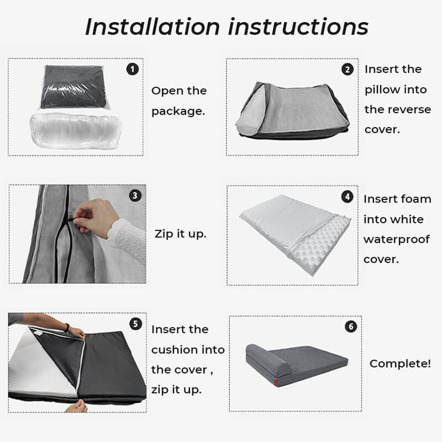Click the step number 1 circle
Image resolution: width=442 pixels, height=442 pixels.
[132, 69]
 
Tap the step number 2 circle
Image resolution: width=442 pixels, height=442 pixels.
[348, 69]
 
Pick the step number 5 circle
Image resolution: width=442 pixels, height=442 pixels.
[134, 324]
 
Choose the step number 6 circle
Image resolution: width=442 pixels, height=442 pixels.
[351, 327]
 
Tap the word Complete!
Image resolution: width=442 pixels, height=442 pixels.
[400, 364]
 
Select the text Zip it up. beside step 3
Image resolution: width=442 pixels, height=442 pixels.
[180, 234]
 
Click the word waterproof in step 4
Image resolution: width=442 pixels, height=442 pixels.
[397, 239]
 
